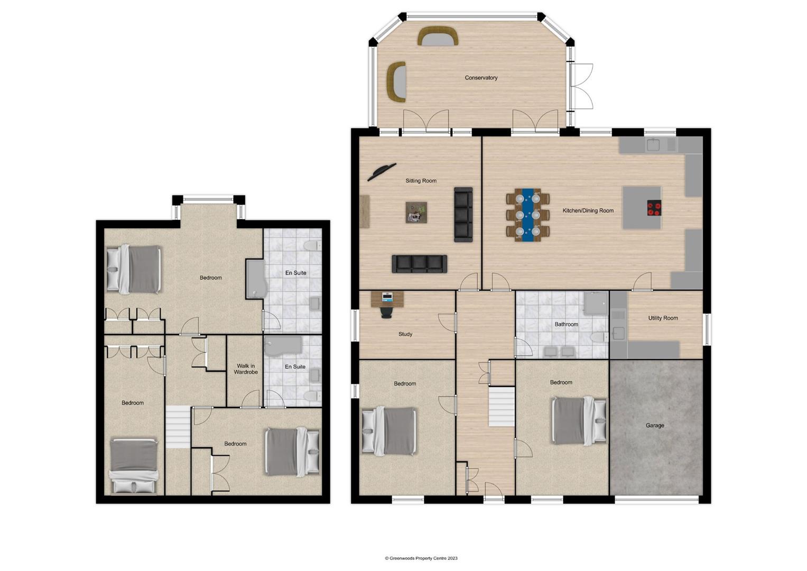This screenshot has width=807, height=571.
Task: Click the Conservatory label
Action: coord(481,78)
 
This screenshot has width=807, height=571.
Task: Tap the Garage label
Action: coord(655,425)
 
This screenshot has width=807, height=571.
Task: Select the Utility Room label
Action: coord(663,318)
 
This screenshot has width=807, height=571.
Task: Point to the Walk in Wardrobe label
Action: coord(246,369)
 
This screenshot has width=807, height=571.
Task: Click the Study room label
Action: coord(405,334)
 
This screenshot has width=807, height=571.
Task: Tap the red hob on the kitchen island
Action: coord(654,208)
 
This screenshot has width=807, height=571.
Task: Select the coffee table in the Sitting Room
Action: coord(416,213)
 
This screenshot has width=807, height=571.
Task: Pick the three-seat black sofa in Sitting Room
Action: coord(419,264)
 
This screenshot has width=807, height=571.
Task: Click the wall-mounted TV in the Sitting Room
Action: coord(382,172)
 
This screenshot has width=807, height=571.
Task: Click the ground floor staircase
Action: coord(501,407)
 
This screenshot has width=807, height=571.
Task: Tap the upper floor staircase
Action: coord(178,427)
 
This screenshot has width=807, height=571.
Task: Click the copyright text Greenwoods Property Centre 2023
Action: coord(421,558)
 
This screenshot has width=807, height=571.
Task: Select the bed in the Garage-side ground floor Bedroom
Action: coord(579,421)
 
